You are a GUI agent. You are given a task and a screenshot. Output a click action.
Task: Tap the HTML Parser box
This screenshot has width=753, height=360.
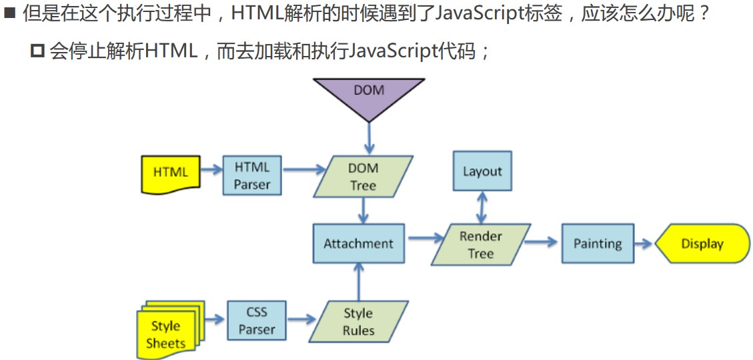point(251,175)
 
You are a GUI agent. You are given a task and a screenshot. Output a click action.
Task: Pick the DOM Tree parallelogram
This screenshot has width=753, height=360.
point(363,176)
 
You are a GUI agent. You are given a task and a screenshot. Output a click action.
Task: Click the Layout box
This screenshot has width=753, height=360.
point(482,171)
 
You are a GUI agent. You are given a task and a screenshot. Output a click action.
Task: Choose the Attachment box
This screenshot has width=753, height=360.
point(359,243)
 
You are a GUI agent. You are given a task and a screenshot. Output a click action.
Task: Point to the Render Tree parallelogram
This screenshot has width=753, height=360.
point(480,245)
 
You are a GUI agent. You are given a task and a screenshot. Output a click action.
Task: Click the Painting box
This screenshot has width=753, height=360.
point(598,243)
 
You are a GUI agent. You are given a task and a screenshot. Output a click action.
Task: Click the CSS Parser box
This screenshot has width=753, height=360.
point(256,321)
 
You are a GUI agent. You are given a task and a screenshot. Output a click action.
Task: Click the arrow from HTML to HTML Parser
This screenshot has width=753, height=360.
point(211,170)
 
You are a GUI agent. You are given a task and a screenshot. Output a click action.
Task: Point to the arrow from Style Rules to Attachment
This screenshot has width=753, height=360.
point(359,281)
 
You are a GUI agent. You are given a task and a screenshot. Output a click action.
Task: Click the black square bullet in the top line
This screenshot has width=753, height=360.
point(9,13)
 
